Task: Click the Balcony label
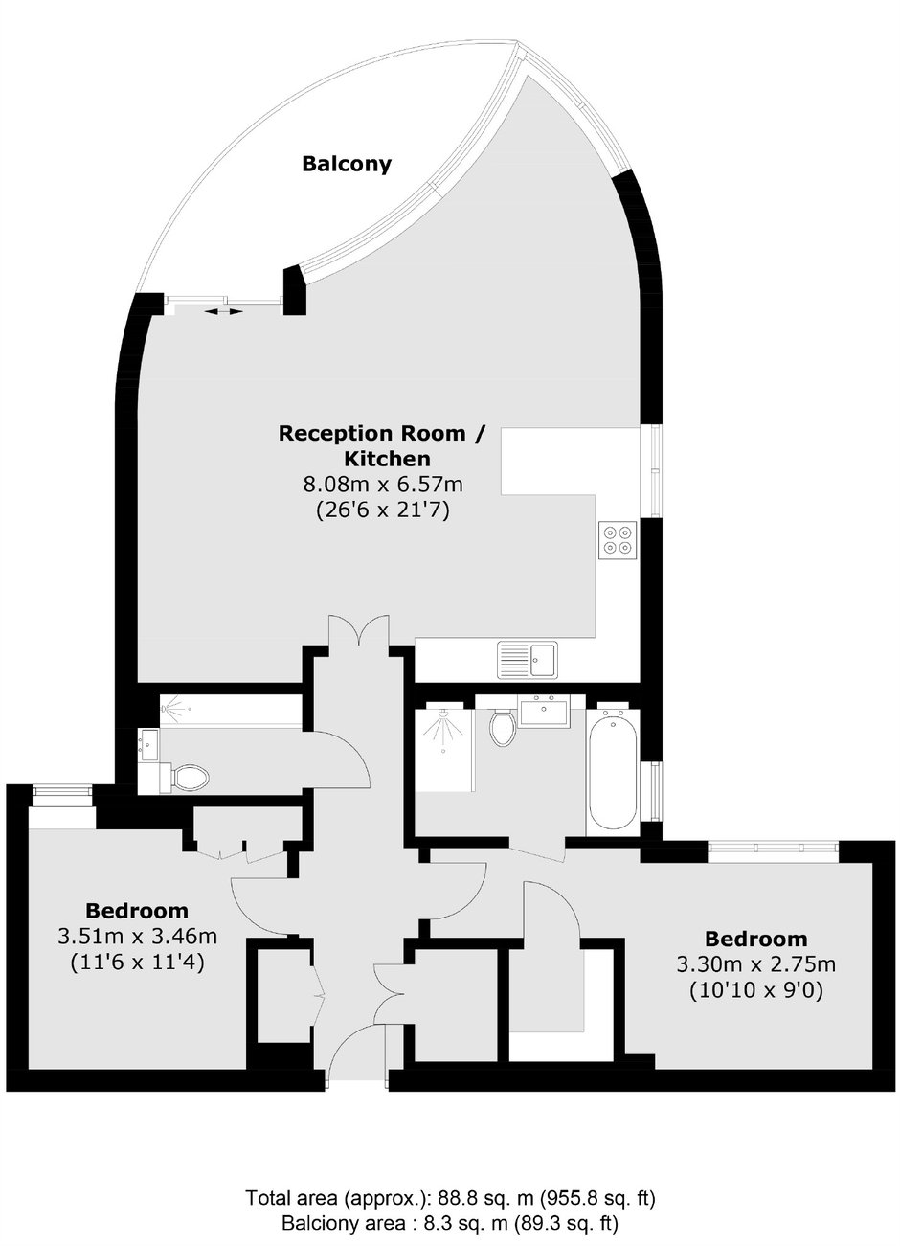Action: tap(347, 165)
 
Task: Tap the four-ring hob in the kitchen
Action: tap(618, 539)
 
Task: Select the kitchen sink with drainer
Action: tap(528, 660)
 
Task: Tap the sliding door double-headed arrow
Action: tap(224, 312)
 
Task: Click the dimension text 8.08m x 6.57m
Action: tap(383, 485)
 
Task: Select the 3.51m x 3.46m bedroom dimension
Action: tap(137, 937)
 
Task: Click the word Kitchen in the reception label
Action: tap(387, 459)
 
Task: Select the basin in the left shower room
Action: tap(148, 744)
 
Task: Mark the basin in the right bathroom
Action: tap(544, 714)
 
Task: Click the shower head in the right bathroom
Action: tap(443, 714)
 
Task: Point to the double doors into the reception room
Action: tap(359, 630)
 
